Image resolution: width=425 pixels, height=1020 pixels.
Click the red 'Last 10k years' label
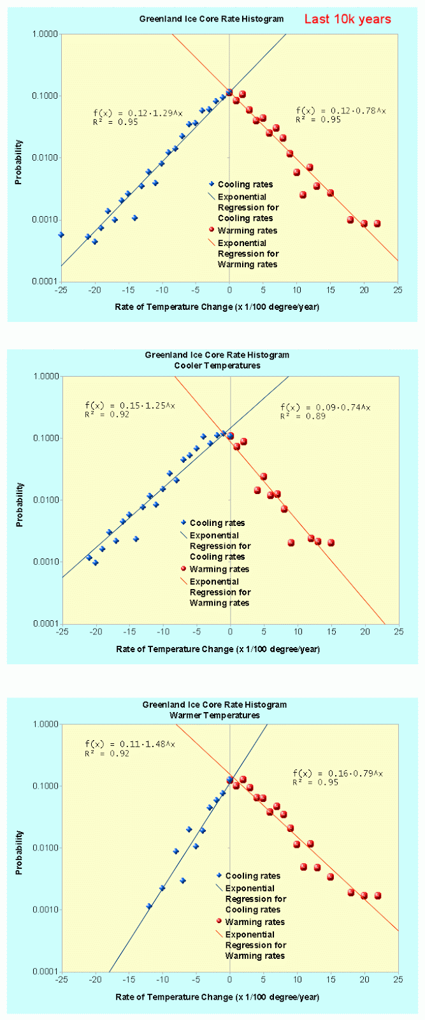(x=347, y=19)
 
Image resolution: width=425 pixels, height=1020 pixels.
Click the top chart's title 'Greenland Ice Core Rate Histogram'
(x=212, y=19)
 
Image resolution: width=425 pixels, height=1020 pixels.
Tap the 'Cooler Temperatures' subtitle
(x=217, y=365)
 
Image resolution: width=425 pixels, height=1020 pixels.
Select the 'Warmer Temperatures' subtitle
(x=215, y=715)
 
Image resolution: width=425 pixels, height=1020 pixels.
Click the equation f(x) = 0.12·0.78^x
(x=341, y=110)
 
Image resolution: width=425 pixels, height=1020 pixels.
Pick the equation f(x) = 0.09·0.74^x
(x=326, y=407)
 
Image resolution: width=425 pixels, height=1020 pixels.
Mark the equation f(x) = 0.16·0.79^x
(x=338, y=773)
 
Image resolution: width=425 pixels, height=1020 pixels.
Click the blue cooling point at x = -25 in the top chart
(x=61, y=235)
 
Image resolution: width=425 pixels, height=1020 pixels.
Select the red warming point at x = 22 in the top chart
(x=377, y=224)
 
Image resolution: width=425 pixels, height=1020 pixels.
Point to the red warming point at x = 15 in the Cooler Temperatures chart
(x=331, y=543)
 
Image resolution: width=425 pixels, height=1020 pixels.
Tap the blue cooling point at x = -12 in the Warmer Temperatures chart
(x=149, y=906)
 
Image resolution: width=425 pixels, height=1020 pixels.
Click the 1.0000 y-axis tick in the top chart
(x=44, y=34)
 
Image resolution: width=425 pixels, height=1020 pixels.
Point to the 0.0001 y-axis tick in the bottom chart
(x=44, y=972)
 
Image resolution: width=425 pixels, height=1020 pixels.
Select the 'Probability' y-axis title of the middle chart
(x=19, y=504)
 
